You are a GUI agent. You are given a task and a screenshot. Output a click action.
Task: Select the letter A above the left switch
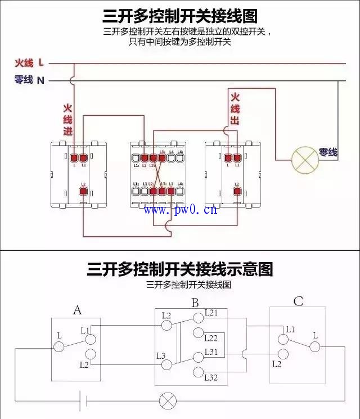[x=78, y=309]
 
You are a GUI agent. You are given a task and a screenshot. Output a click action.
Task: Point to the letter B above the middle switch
[x=195, y=303]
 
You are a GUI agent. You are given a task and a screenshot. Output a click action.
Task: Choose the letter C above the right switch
[x=298, y=301]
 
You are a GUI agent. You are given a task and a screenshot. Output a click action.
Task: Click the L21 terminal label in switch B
[x=211, y=312]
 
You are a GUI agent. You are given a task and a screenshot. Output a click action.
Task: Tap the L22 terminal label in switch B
[x=211, y=337]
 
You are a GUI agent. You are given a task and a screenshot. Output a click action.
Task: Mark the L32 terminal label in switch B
[x=211, y=377]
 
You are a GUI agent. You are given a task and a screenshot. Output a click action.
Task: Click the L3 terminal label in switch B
[x=161, y=355]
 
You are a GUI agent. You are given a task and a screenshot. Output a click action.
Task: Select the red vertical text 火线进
[x=67, y=119]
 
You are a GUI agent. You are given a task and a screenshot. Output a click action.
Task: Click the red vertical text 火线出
[x=235, y=109]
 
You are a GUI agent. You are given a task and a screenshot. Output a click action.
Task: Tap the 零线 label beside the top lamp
[x=328, y=152]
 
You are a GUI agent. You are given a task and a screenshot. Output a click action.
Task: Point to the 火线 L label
[x=29, y=63]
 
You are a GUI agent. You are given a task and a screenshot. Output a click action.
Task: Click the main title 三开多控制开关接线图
[x=180, y=15]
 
